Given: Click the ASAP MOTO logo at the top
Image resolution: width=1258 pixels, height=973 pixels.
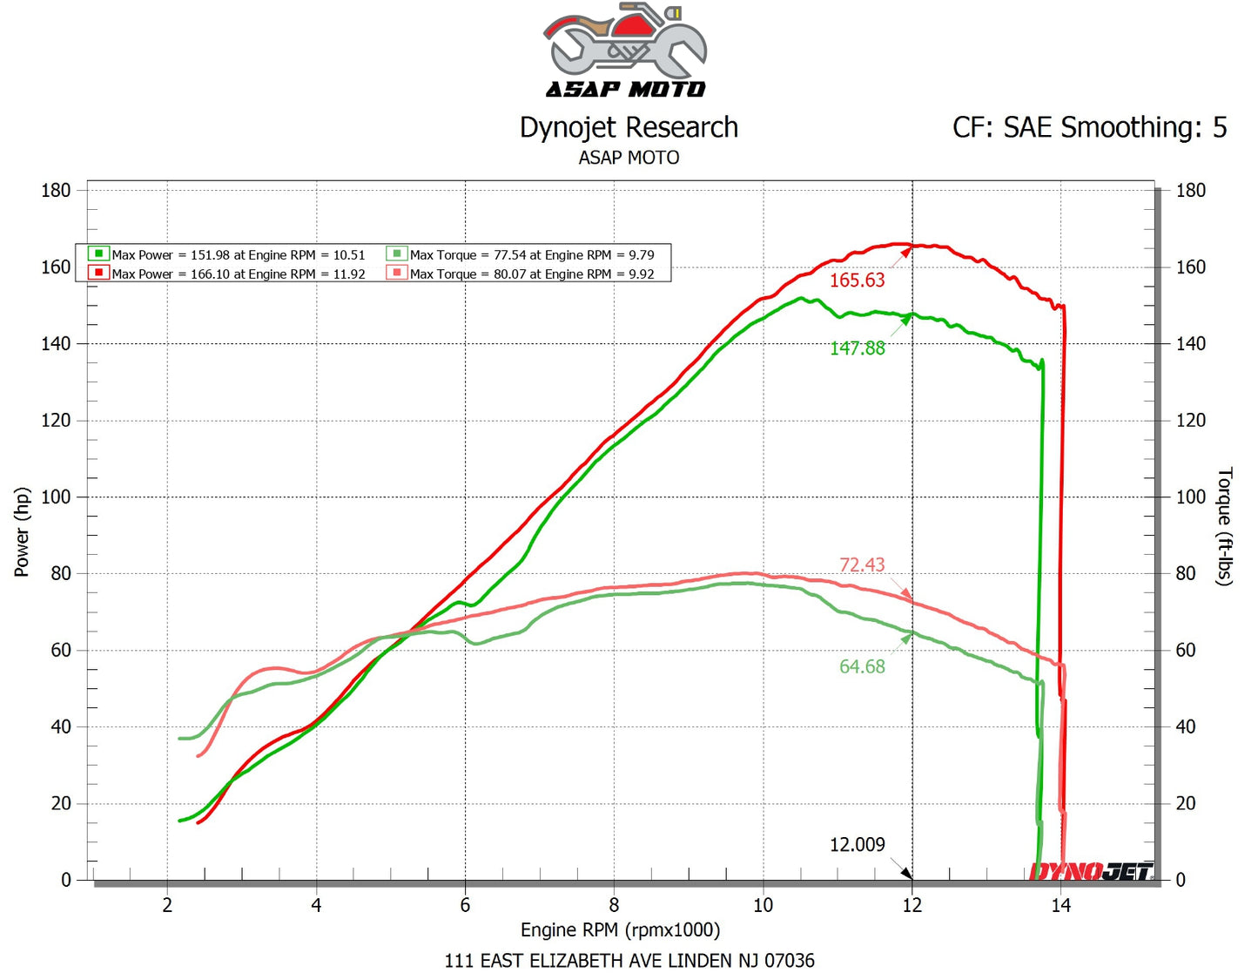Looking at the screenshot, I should pos(626,51).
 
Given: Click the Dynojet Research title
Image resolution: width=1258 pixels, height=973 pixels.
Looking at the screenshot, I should pos(629,128).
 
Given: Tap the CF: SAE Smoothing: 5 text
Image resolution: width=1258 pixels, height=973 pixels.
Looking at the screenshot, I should pos(1089,128).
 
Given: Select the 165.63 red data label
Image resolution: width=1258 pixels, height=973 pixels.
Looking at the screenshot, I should pos(857,280).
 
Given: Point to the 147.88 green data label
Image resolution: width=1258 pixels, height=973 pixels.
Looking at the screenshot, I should pos(857,348).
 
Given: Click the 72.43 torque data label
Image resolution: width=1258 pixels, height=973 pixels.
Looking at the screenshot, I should pos(861,564).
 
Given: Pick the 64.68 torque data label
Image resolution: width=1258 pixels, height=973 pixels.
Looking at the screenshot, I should pos(861,667).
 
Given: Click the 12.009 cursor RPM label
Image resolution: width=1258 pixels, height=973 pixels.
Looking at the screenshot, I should pos(857,845).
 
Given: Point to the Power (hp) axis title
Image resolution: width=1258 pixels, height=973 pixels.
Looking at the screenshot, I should pos(22,531).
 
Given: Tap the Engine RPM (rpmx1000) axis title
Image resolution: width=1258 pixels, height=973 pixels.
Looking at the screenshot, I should pos(620,930).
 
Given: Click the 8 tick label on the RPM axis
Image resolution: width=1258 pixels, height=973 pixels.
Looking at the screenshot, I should pos(614,906).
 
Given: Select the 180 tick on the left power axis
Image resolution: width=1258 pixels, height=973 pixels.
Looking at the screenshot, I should pos(56,191).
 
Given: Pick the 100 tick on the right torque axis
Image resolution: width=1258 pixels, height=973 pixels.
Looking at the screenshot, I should pos(1190,497).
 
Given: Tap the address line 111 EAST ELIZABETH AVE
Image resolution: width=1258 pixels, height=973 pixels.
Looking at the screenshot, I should pos(629,961).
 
